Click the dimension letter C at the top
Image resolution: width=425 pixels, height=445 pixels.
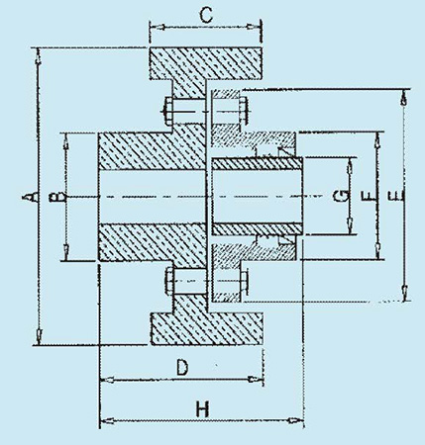(206, 16)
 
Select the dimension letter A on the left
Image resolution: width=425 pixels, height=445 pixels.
(29, 197)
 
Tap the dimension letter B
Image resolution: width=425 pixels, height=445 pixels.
(55, 197)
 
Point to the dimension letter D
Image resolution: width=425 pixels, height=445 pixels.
(182, 368)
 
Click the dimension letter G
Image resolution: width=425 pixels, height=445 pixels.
(341, 196)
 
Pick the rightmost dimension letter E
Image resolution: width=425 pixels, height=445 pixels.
(395, 196)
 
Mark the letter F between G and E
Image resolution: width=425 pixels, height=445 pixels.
(369, 197)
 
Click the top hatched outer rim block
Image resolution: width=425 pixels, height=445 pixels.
(206, 63)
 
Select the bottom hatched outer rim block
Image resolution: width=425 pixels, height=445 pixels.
(207, 328)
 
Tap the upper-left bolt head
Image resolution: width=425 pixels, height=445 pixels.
(168, 111)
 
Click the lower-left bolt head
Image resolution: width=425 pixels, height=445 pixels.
(169, 281)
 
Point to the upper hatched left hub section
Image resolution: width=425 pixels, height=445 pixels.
(153, 151)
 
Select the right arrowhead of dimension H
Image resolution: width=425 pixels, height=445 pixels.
(295, 420)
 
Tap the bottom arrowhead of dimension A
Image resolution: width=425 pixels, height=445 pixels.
(39, 335)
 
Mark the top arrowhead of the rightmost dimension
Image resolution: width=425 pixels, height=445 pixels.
(403, 98)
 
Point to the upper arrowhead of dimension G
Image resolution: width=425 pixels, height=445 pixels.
(349, 166)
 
